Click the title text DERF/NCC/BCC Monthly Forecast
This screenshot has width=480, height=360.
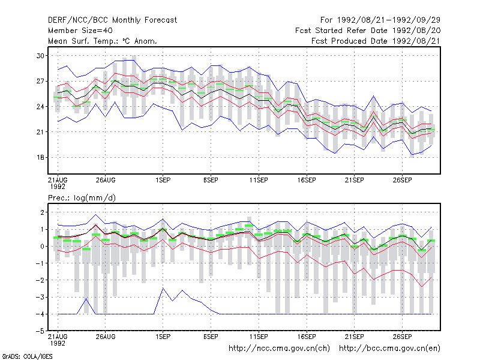click(x=112, y=20)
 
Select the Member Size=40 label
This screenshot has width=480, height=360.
click(x=80, y=31)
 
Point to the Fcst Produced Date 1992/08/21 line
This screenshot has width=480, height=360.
click(x=376, y=41)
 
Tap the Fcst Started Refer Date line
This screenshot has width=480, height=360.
click(x=368, y=31)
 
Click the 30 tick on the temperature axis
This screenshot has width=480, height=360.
click(x=40, y=56)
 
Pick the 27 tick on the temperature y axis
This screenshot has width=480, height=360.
click(x=40, y=81)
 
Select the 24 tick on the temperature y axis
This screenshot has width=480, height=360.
click(x=40, y=107)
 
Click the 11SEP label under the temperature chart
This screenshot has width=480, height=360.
click(x=259, y=181)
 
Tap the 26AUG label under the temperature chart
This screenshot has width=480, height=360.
click(x=106, y=181)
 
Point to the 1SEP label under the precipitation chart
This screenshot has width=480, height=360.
click(x=163, y=337)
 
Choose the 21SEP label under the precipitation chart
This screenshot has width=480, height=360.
click(x=354, y=337)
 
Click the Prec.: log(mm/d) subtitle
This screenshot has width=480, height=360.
click(x=82, y=198)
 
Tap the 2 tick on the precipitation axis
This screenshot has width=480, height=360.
click(x=42, y=212)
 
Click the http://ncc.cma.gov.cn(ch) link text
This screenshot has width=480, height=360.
click(x=279, y=349)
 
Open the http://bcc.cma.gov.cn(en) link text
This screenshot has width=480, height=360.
click(x=389, y=349)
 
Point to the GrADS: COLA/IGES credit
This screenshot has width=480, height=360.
click(x=27, y=356)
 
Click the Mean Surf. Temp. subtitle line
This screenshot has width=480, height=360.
click(x=102, y=41)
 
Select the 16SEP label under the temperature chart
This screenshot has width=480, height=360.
click(x=307, y=181)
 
